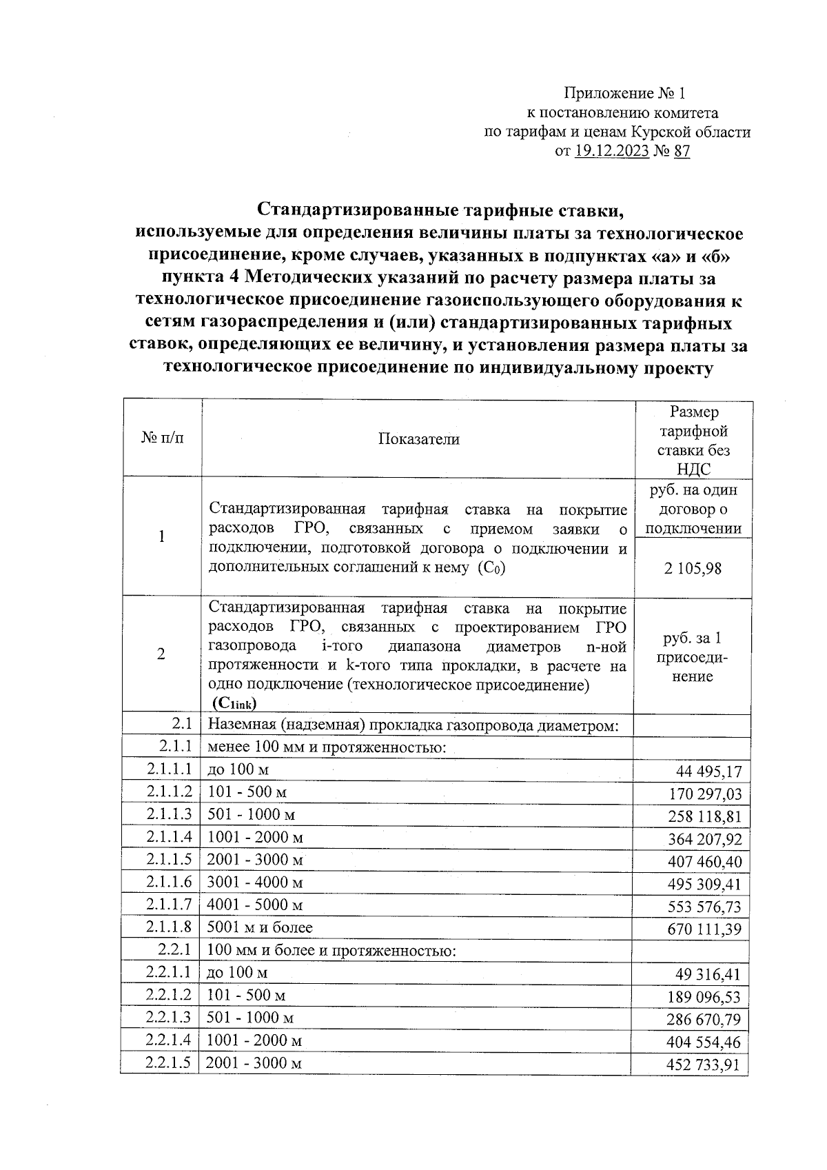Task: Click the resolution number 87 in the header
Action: pos(682,152)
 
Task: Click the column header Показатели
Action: pos(418,439)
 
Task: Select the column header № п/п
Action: pos(163,438)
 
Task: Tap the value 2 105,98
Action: pos(693,569)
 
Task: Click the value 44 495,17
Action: pos(709,772)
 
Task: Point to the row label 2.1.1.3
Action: pos(168,814)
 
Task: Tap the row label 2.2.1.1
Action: pos(168,972)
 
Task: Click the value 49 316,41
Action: pos(709,976)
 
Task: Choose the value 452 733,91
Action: pos(703,1065)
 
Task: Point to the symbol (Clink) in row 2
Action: pos(235,703)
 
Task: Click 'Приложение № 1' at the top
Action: pos(625,93)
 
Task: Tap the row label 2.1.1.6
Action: pos(168,882)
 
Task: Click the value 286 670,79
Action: pos(704,1020)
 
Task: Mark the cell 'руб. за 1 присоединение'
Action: pos(693,657)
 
